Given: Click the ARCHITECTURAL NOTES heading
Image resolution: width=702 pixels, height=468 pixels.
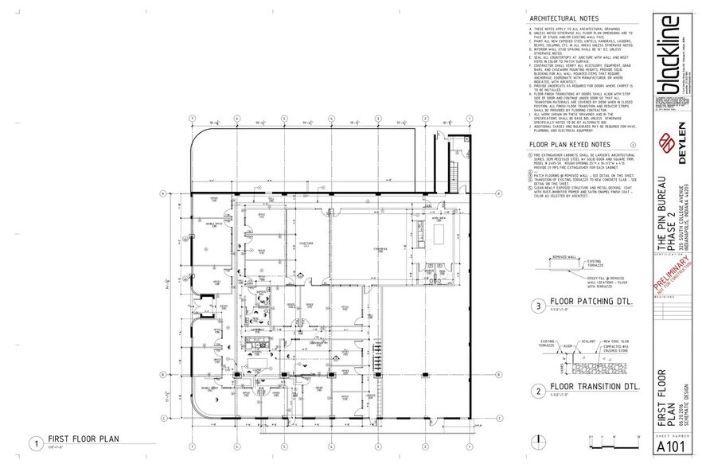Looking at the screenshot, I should (564, 18).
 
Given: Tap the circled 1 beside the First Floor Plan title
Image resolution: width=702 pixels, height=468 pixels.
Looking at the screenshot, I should (34, 442).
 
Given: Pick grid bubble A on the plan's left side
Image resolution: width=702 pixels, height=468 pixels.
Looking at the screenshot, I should (162, 193).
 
